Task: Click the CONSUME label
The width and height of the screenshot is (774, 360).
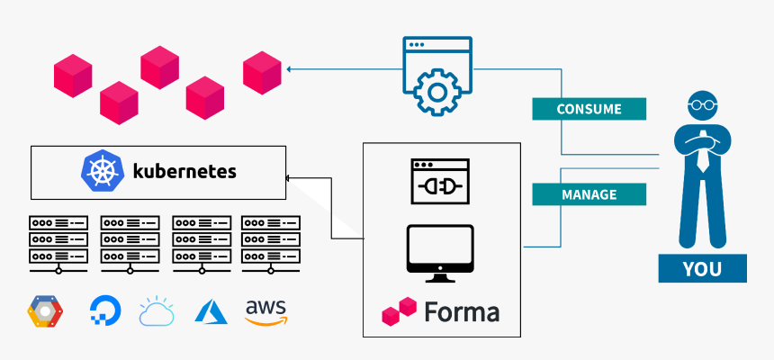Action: pyautogui.click(x=589, y=109)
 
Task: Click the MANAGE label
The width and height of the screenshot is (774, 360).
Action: pyautogui.click(x=589, y=194)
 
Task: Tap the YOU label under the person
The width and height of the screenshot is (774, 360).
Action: pyautogui.click(x=702, y=268)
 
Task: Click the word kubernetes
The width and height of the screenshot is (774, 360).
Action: pyautogui.click(x=184, y=171)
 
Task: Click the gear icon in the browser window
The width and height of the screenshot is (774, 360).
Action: pyautogui.click(x=436, y=92)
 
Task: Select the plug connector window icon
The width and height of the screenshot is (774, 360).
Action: pyautogui.click(x=440, y=181)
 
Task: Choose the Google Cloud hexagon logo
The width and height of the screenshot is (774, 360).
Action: pyautogui.click(x=45, y=311)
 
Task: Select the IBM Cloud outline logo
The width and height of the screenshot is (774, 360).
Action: pyautogui.click(x=157, y=310)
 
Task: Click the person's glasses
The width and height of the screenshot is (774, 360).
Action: pyautogui.click(x=701, y=105)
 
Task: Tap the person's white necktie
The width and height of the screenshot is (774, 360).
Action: pyautogui.click(x=701, y=157)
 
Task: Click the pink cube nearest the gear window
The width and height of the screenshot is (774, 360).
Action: pyautogui.click(x=263, y=73)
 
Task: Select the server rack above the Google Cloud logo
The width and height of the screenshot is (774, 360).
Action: pyautogui.click(x=58, y=242)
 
